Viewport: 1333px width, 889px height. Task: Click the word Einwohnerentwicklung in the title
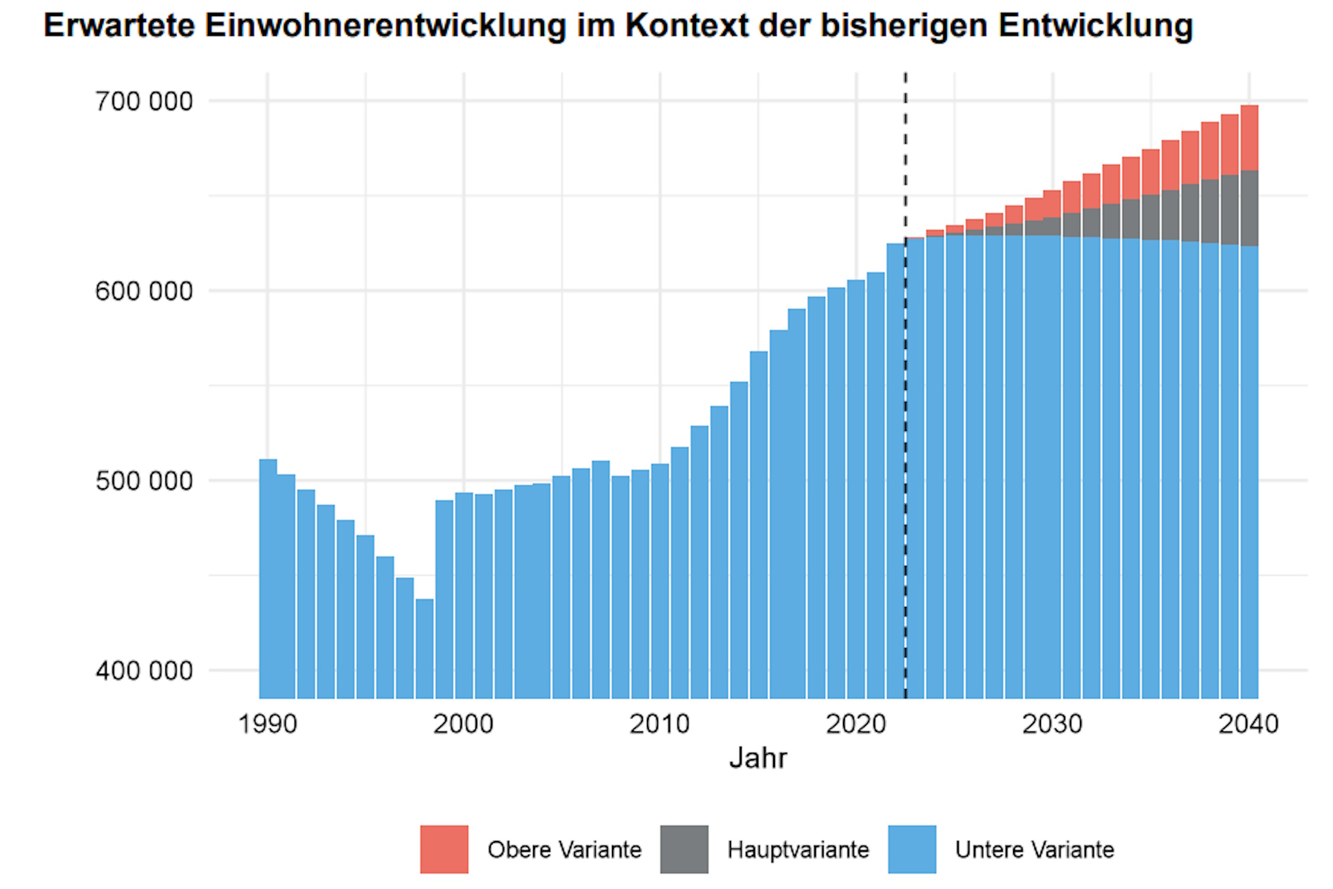pyautogui.click(x=385, y=25)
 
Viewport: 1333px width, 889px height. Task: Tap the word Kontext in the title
pyautogui.click(x=687, y=25)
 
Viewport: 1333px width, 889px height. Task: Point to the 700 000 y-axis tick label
pyautogui.click(x=144, y=101)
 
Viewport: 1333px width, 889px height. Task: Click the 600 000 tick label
pyautogui.click(x=144, y=291)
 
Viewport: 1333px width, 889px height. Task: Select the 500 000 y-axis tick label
pyautogui.click(x=144, y=481)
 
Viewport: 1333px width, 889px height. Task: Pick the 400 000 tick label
pyautogui.click(x=144, y=670)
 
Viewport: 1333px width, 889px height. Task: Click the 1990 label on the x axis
pyautogui.click(x=267, y=724)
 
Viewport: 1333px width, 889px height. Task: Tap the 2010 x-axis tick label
pyautogui.click(x=659, y=724)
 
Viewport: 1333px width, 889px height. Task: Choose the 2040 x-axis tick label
pyautogui.click(x=1248, y=724)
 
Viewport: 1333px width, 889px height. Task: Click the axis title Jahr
pyautogui.click(x=758, y=758)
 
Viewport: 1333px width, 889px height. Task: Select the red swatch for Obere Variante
pyautogui.click(x=444, y=849)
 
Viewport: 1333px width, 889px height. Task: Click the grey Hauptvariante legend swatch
pyautogui.click(x=684, y=849)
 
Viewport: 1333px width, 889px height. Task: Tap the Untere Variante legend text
pyautogui.click(x=1034, y=849)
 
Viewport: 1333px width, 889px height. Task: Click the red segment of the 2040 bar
pyautogui.click(x=1249, y=137)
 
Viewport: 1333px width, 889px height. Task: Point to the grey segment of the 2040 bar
pyautogui.click(x=1249, y=207)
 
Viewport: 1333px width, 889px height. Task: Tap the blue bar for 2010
pyautogui.click(x=660, y=581)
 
